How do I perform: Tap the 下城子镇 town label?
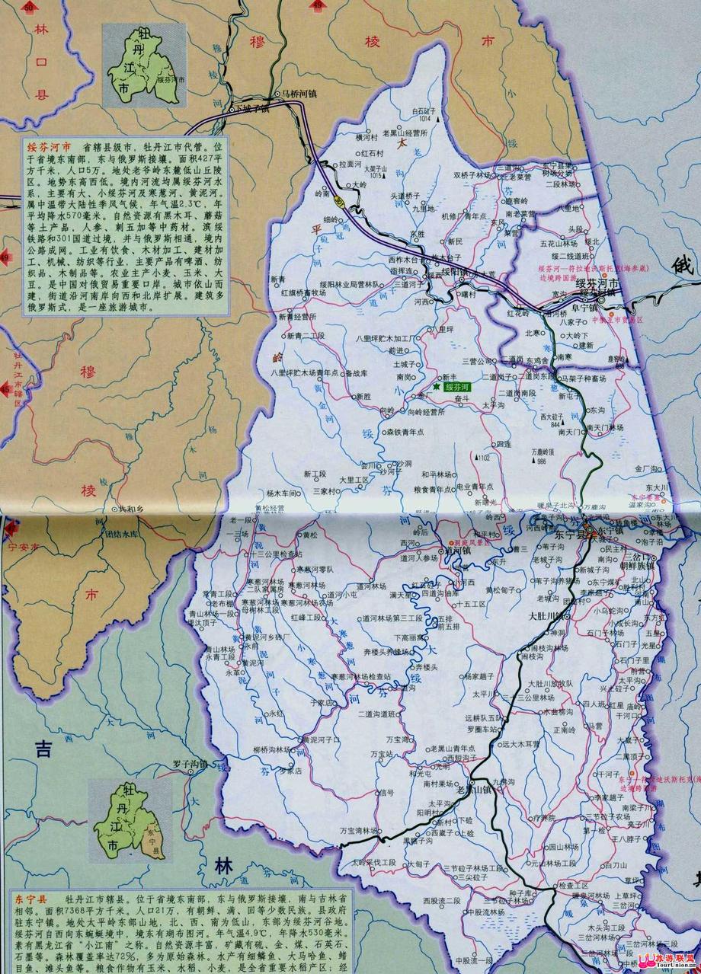252,108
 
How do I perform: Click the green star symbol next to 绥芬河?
437,387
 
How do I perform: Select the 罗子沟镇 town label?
168,764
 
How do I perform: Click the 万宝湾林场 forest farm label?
357,829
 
